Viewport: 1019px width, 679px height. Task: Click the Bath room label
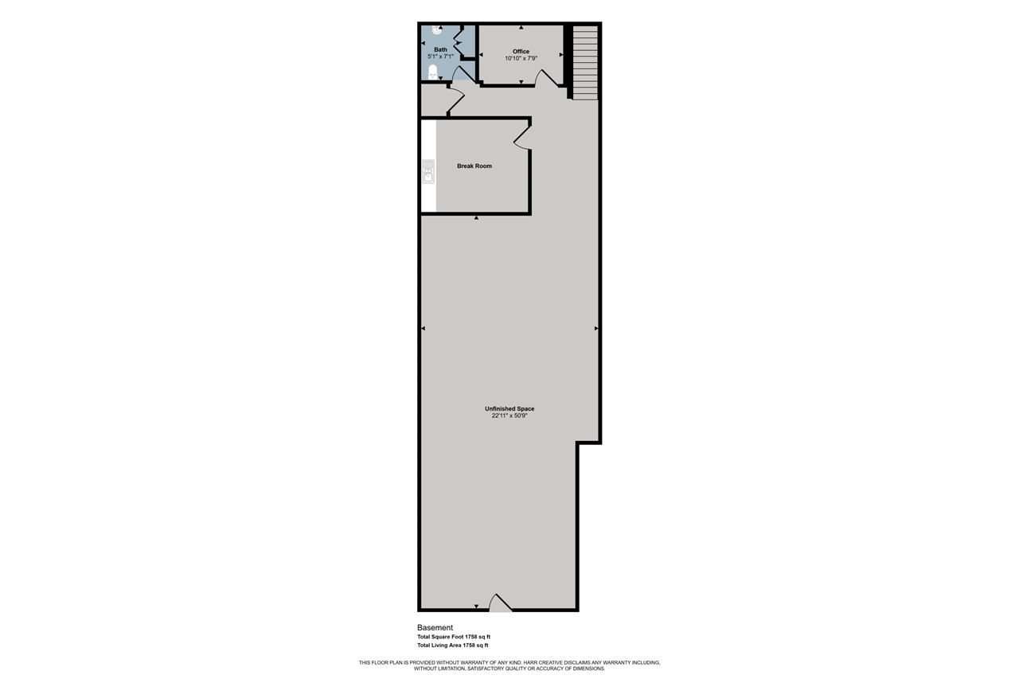[440, 49]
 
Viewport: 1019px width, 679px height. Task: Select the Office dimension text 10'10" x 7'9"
[521, 58]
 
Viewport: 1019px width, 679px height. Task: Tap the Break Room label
[474, 166]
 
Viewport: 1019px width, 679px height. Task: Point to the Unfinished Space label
[509, 408]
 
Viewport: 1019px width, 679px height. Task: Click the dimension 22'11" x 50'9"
[509, 416]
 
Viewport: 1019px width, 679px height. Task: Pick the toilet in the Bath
[433, 72]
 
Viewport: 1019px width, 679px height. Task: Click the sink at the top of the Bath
[436, 29]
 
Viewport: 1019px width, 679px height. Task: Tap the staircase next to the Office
[584, 61]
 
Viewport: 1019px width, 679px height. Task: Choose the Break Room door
[522, 139]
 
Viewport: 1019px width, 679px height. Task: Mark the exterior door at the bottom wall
[500, 603]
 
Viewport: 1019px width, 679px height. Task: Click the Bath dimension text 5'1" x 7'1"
[440, 57]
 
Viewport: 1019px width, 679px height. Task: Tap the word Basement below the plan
[435, 627]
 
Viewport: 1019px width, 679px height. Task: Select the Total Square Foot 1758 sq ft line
[453, 637]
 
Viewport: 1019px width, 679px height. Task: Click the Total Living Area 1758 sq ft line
[452, 646]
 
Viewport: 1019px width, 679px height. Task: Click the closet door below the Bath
[456, 100]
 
